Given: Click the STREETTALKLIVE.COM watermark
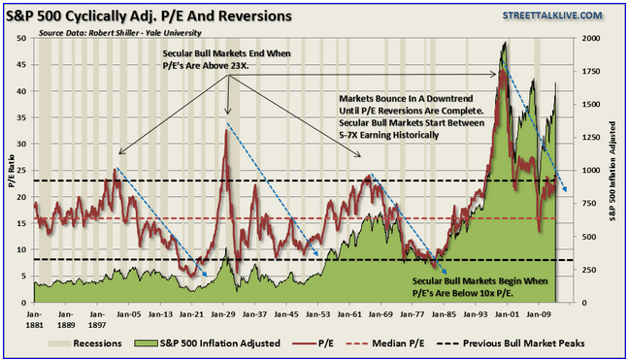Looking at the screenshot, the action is tap(552, 16).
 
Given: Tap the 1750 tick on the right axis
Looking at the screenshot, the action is tap(591, 71).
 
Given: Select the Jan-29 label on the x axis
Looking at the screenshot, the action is tap(223, 314).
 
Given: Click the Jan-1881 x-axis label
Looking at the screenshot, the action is tap(34, 319).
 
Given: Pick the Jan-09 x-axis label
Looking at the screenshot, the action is tap(538, 314).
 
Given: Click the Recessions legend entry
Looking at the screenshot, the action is tap(84, 344).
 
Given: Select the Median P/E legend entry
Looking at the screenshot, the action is tap(385, 344).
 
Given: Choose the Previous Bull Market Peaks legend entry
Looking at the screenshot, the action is tap(511, 344).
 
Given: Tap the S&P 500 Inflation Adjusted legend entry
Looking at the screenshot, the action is tap(207, 344).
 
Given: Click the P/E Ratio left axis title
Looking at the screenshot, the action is tap(11, 171).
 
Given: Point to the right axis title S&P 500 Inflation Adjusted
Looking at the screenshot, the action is tap(612, 172).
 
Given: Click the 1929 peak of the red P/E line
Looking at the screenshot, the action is tap(226, 131).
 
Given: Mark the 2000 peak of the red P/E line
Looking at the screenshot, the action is tap(502, 71).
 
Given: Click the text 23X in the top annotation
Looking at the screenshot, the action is tap(239, 65).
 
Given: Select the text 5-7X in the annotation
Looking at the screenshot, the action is tap(348, 135).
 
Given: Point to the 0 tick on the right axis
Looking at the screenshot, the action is tap(584, 303).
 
